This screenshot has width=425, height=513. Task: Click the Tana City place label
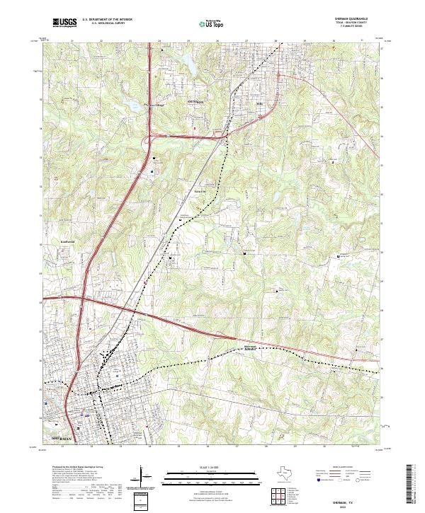200,191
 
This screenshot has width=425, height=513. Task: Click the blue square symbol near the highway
152,171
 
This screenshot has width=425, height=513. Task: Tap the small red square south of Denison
196,128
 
